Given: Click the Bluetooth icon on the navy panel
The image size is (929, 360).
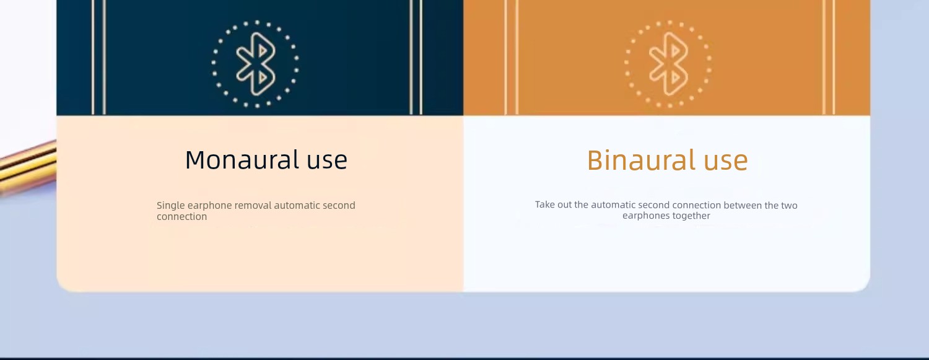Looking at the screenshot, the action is [x=255, y=64].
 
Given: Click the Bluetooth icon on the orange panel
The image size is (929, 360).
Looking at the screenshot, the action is [x=668, y=64].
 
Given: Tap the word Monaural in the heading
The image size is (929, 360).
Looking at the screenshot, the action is [x=242, y=160].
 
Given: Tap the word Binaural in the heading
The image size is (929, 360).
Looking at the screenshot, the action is [x=641, y=160].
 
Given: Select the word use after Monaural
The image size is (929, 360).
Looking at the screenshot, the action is [x=327, y=161].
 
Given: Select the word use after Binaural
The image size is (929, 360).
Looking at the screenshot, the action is [x=726, y=161].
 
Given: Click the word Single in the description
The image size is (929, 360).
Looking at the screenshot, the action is [x=170, y=206].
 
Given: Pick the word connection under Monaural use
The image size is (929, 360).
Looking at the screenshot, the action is [x=181, y=216].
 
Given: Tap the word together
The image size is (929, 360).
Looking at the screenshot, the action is [x=692, y=216].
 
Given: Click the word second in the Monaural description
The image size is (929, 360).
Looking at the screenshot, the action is [x=339, y=205].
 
